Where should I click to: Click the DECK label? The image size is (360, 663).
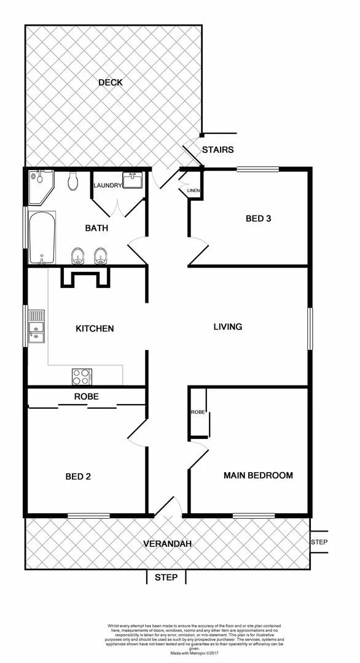click(x=111, y=82)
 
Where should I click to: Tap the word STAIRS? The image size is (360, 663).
click(x=218, y=149)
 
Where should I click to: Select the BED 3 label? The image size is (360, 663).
click(x=259, y=218)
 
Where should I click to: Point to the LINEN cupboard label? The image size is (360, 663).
click(x=192, y=190)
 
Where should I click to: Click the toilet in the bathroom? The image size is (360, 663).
click(x=74, y=182)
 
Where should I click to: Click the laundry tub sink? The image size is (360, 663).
click(x=132, y=180)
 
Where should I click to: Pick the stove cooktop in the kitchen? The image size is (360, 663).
click(x=82, y=375)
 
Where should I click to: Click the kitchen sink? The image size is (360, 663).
click(x=36, y=327)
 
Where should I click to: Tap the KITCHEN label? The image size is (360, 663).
click(x=95, y=328)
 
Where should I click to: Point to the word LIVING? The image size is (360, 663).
click(x=227, y=327)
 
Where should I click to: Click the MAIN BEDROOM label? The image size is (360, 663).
click(x=258, y=475)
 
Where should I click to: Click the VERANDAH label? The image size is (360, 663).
click(x=167, y=543)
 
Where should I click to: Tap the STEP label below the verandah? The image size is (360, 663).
click(x=166, y=577)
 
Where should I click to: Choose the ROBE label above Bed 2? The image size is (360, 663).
click(x=86, y=397)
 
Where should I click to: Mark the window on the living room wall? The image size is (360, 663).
click(x=310, y=330)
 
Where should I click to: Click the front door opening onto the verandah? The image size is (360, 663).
click(x=167, y=508)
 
